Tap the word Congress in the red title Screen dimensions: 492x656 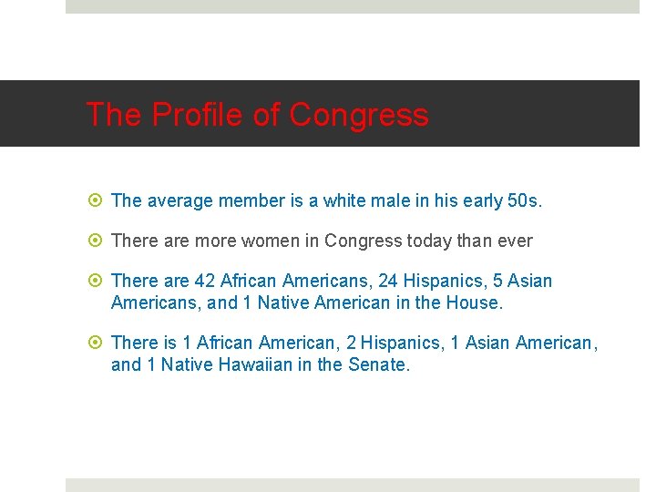point(358,115)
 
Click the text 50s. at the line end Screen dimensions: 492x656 point(524,201)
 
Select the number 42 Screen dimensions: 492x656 point(204,282)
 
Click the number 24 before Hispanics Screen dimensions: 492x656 point(389,282)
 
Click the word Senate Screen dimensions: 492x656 point(379,364)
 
